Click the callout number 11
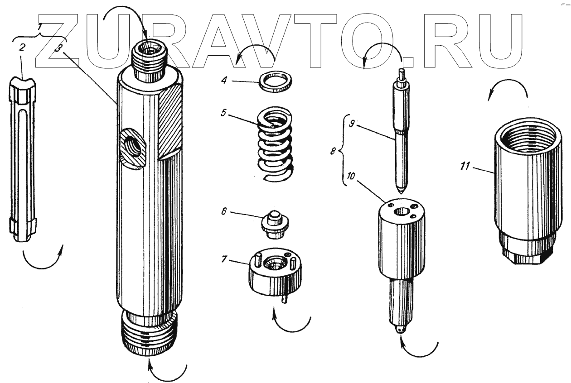coord(465,167)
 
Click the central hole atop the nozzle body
coord(401,211)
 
